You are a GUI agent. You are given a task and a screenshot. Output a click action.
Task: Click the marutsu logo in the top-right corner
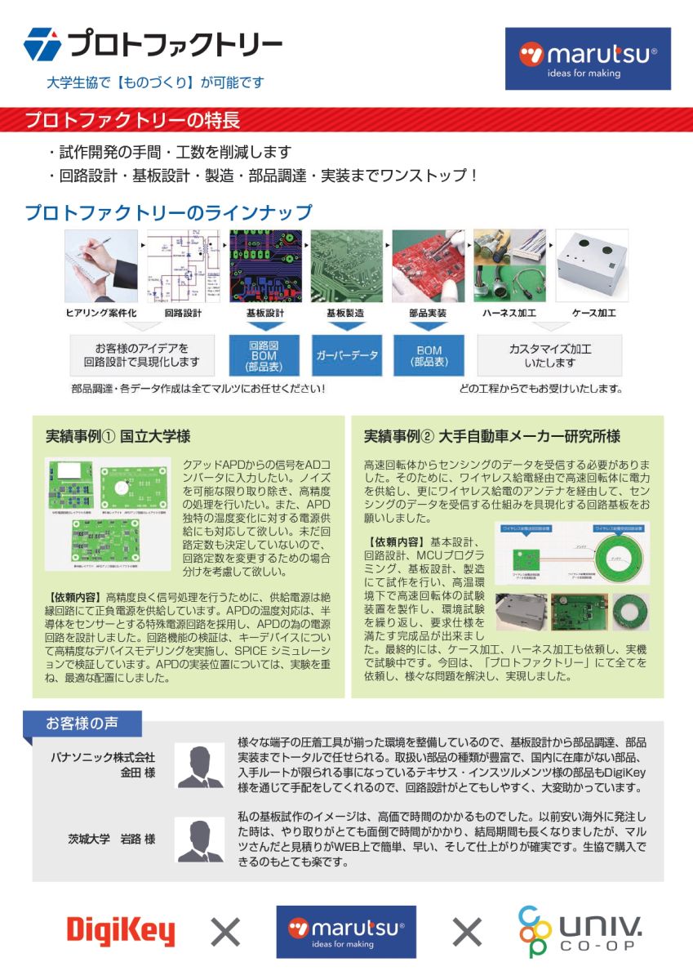coord(588,59)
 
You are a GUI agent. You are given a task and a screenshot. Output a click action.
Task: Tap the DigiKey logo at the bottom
coord(121,931)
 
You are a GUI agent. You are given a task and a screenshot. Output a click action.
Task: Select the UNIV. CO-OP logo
coord(580,931)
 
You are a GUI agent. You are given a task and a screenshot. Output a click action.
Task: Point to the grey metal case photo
coord(592,265)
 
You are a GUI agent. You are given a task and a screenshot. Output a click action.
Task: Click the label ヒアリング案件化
coord(100,313)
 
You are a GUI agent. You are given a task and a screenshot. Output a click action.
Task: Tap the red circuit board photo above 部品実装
coord(429,265)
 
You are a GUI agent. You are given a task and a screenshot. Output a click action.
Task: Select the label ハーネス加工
coord(509,313)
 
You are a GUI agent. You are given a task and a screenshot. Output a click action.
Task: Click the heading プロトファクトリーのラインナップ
coord(168,213)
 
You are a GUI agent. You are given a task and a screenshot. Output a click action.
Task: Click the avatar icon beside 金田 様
coord(200,765)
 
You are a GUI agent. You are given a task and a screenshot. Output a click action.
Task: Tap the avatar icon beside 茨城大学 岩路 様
coord(200,840)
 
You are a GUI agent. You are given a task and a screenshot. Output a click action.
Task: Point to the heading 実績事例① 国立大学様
coord(118,436)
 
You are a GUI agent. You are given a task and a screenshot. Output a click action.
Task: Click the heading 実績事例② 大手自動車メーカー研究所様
coord(491,436)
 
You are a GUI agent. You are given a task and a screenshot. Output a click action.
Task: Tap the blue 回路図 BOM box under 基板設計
coord(264,355)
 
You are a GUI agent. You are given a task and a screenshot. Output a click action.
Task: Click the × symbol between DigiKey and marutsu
coord(225,931)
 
